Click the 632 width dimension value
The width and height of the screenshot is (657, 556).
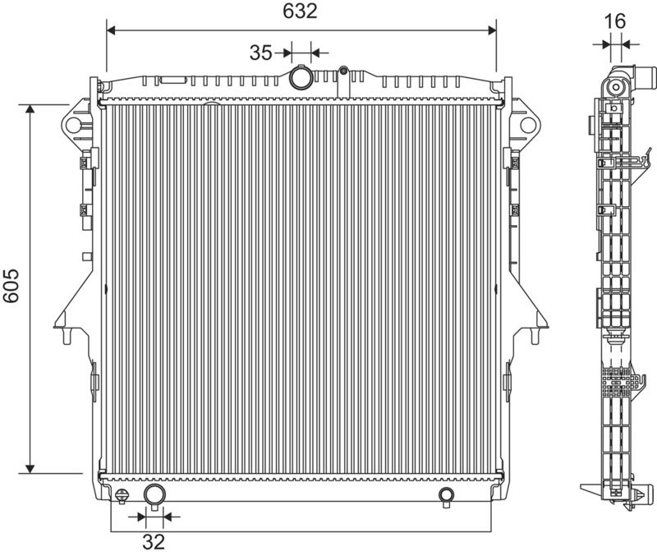coord(300,11)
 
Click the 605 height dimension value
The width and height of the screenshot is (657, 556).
coord(11,286)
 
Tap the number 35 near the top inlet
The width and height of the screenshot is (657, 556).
coord(260,53)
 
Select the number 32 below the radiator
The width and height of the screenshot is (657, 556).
coord(154,542)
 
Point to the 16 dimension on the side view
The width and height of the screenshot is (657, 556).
coord(615,21)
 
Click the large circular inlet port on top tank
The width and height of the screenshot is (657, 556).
coord(301,77)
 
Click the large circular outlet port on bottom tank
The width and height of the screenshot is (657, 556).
coord(154,495)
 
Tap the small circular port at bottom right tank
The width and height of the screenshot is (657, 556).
coord(446,495)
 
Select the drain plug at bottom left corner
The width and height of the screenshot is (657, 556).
coord(122,496)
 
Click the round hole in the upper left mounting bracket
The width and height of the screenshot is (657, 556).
coord(73,125)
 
